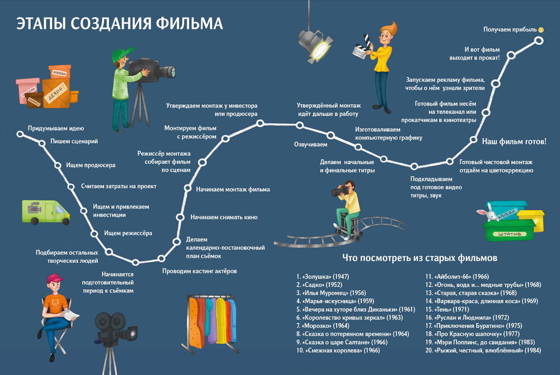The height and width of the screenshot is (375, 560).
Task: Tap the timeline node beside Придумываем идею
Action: click(x=20, y=134)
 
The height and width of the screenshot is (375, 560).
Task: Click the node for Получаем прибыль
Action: click(x=539, y=40)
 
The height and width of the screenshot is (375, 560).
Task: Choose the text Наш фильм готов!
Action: click(x=514, y=141)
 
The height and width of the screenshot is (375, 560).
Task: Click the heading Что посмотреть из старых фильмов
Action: click(x=419, y=259)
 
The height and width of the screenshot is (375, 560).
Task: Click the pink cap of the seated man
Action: click(x=55, y=279)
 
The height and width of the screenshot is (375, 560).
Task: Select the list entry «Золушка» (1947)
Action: click(x=325, y=276)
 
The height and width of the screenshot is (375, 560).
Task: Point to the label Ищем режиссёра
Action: click(x=128, y=233)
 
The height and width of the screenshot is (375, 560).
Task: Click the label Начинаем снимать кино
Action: click(x=223, y=216)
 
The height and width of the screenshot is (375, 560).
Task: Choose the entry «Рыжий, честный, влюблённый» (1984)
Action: click(x=483, y=350)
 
